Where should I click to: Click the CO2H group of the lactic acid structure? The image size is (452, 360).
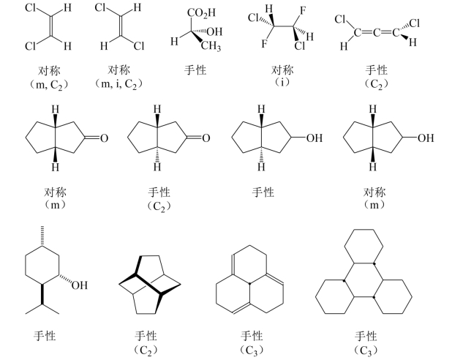(201, 13)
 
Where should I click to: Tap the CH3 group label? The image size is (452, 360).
(211, 46)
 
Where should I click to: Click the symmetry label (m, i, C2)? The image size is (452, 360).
(118, 84)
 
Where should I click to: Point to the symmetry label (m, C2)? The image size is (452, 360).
(49, 85)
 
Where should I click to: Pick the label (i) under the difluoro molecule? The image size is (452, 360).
(282, 83)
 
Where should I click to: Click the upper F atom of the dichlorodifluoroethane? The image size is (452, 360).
(302, 11)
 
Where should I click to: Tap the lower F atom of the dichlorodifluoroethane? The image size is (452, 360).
(264, 44)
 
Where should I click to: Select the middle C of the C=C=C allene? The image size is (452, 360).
(376, 33)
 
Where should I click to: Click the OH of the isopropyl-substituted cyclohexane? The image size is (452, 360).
(79, 285)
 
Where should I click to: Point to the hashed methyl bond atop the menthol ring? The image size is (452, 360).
(42, 236)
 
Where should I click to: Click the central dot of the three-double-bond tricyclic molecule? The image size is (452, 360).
(249, 284)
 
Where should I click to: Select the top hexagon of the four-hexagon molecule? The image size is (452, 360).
(364, 247)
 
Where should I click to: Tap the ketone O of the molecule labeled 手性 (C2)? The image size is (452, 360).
(206, 138)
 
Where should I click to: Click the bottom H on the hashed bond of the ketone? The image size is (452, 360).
(157, 167)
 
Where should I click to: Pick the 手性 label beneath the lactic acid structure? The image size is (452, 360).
(195, 70)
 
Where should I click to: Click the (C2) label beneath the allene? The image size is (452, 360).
(376, 84)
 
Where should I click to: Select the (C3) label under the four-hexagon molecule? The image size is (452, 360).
(366, 350)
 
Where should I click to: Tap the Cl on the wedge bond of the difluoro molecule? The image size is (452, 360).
(300, 46)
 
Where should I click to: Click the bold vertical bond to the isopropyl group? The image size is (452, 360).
(42, 294)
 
